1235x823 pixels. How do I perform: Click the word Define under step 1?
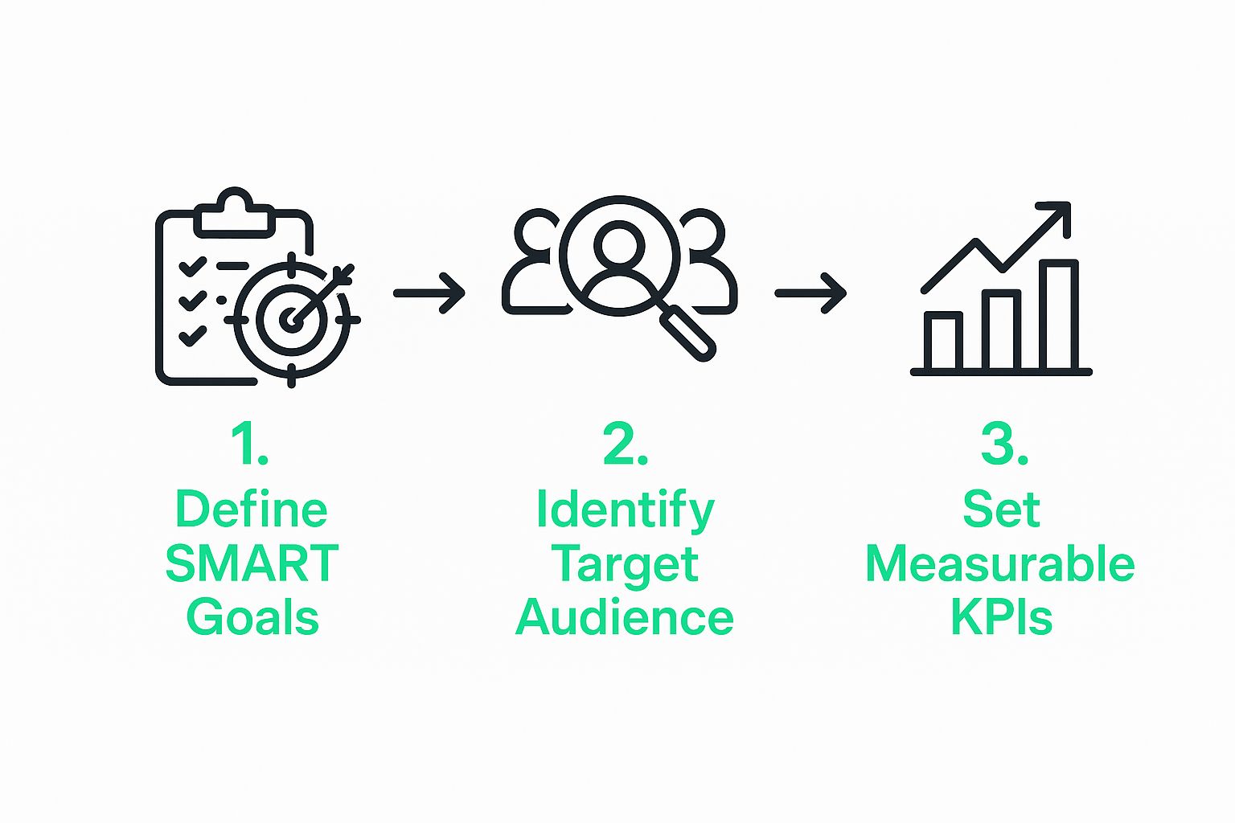pos(251,510)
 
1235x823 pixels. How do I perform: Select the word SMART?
pos(252,564)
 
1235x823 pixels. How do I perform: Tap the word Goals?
pos(252,618)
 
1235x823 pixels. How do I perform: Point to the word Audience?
pos(625,618)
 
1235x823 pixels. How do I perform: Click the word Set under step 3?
pos(1001,510)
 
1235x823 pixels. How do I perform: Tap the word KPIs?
pos(1001,618)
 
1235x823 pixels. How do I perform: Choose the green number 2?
pos(625,444)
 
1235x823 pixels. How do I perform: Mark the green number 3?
pos(1003,444)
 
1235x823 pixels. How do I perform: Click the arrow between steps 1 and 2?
pos(429,293)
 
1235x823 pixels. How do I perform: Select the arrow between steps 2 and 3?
pos(810,293)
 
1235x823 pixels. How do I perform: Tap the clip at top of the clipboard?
pos(234,212)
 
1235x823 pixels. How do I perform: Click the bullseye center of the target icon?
pos(291,320)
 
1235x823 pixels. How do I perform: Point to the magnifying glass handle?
pos(688,333)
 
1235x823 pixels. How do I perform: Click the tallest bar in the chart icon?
pos(1058,315)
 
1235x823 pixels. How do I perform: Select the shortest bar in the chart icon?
pos(943,341)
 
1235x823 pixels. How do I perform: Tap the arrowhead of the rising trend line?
pos(1060,214)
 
